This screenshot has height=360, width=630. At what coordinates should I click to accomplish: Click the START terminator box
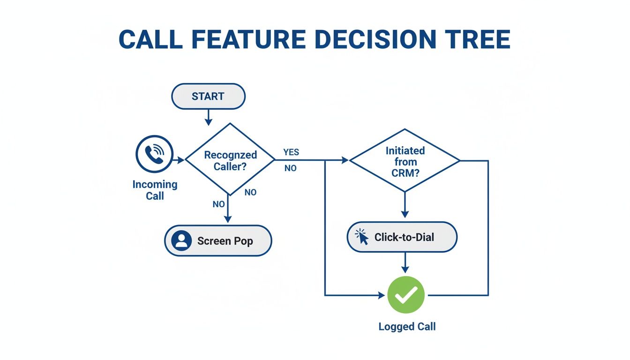point(208,97)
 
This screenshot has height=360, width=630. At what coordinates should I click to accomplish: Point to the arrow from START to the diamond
point(208,117)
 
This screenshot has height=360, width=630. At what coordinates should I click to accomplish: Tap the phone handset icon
point(154,154)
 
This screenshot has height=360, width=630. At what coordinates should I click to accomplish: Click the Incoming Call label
point(155,190)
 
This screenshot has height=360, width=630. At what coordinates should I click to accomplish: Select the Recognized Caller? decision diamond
point(230,160)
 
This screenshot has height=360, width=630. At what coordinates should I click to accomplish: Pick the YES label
point(291,152)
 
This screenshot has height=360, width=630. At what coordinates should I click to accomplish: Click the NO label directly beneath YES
point(291,168)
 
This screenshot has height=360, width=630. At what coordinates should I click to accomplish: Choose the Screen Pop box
point(218,241)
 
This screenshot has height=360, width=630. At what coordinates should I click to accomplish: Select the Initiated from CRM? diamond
point(405,160)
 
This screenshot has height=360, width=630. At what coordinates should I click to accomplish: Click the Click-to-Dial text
point(404,237)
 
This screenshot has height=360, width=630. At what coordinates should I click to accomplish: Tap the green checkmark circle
point(406,295)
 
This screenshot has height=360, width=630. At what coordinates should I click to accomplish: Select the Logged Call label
point(407,327)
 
